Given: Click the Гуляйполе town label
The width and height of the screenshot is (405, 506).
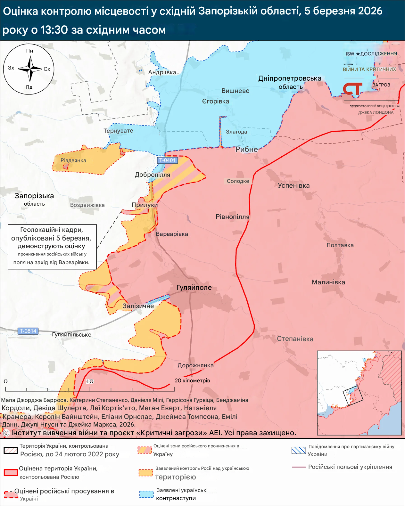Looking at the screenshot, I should [194, 288].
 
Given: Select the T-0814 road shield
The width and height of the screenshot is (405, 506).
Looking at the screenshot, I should [28, 331].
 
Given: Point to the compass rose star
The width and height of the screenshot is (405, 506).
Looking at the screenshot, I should [30, 69].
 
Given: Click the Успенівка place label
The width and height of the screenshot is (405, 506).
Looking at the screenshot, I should [293, 185].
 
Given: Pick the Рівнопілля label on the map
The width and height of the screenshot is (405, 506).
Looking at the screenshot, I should [232, 217].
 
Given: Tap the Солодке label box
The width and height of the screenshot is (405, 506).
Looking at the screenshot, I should [238, 181].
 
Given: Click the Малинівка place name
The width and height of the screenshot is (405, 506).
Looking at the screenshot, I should [328, 282].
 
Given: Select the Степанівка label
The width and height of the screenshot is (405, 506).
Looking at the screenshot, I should [295, 339].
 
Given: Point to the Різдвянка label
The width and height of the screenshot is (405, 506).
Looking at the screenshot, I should [73, 160].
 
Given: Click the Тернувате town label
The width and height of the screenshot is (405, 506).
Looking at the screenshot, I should [118, 131].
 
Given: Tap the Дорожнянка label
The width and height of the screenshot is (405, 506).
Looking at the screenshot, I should [195, 365].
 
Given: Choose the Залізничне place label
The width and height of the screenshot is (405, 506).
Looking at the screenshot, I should [138, 306].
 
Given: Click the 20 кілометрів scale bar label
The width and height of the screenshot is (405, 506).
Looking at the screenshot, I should [192, 380].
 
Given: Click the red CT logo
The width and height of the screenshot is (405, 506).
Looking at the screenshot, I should [352, 89].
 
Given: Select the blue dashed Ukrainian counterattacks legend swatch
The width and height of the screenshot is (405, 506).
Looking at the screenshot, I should [146, 494].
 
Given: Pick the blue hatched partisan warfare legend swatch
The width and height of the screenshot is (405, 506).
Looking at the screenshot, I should [299, 450].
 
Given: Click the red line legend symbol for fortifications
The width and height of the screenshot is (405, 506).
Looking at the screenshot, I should [299, 467].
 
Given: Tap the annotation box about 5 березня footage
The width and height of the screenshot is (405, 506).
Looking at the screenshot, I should [52, 247].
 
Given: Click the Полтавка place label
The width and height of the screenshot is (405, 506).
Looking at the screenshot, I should [340, 245].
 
